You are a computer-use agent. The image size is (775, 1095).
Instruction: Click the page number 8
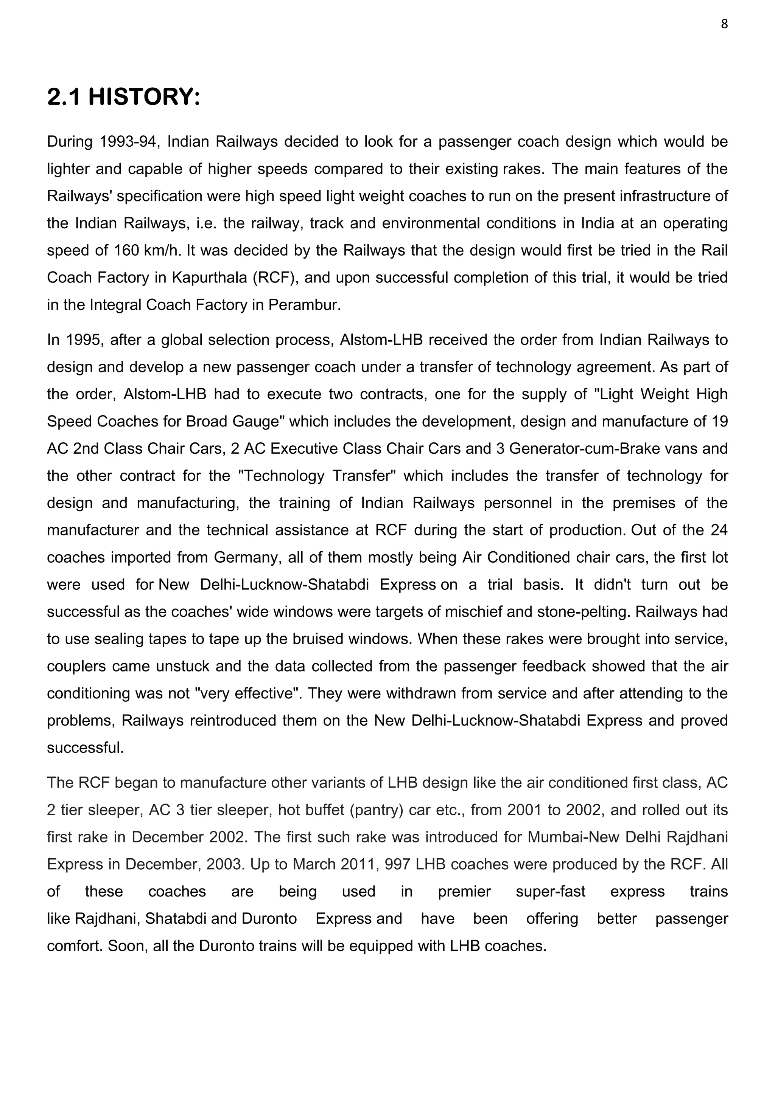pos(724,24)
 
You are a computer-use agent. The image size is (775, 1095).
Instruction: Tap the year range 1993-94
pos(129,142)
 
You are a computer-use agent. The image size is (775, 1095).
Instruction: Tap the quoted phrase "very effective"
pos(248,693)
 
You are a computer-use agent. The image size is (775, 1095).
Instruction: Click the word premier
pos(464,892)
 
